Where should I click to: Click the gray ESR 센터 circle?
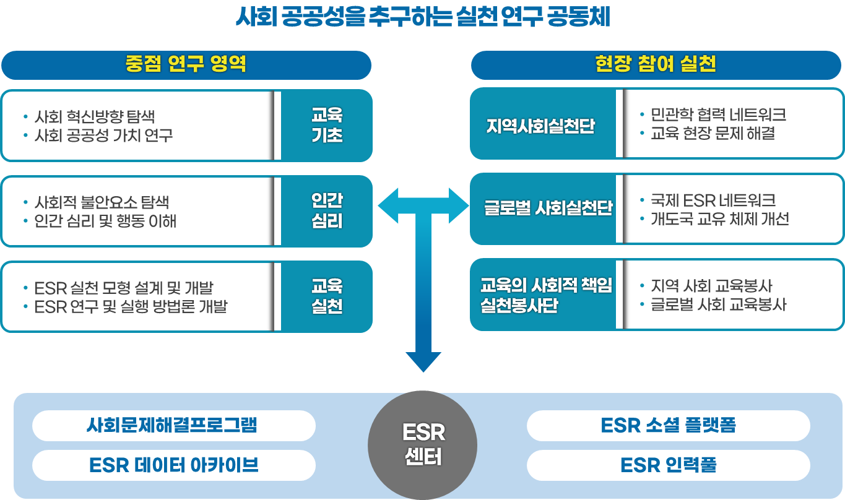(423, 445)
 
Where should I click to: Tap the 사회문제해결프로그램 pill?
(173, 426)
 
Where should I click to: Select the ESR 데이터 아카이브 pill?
(173, 465)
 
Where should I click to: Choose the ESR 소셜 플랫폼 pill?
(668, 426)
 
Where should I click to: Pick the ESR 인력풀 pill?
(668, 465)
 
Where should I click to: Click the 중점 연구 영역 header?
(186, 65)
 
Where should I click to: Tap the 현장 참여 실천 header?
(656, 65)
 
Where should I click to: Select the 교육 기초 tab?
(327, 125)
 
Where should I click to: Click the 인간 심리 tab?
(327, 211)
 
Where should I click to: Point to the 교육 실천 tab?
(327, 296)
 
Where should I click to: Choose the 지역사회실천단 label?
(540, 126)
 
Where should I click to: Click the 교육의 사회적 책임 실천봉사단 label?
(546, 295)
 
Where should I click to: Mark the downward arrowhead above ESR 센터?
(423, 361)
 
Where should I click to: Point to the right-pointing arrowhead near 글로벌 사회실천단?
(459, 205)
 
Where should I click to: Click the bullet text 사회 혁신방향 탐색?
(95, 116)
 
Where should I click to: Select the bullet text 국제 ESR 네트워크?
(713, 201)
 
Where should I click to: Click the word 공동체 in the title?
(579, 17)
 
